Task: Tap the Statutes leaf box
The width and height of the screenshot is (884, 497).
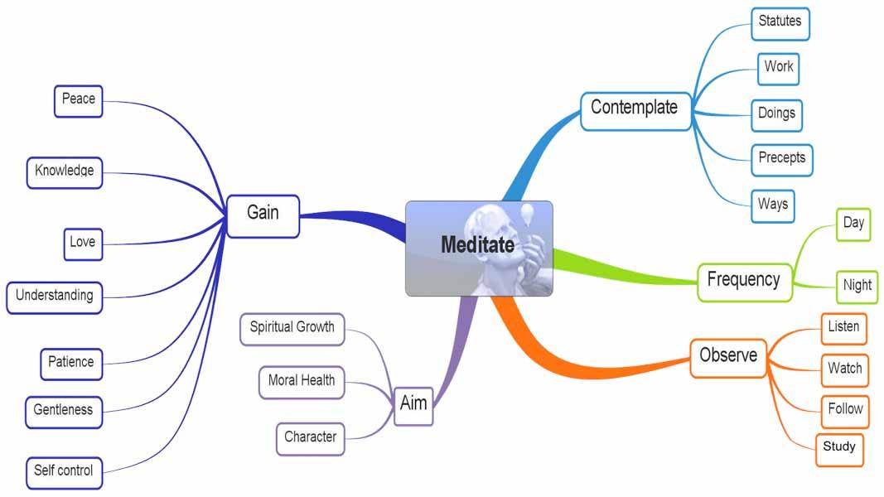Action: (x=780, y=23)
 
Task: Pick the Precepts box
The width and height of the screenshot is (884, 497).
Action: (x=781, y=158)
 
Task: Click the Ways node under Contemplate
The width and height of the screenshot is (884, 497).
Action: (x=773, y=205)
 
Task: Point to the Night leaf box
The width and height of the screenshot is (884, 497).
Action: (x=857, y=286)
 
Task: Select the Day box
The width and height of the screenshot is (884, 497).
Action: (x=853, y=224)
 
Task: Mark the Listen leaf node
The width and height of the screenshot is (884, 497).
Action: (x=843, y=327)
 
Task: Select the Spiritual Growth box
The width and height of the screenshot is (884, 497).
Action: (x=292, y=328)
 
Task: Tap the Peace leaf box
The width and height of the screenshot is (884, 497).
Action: (x=78, y=100)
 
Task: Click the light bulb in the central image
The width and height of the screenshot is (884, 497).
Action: (x=527, y=214)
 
